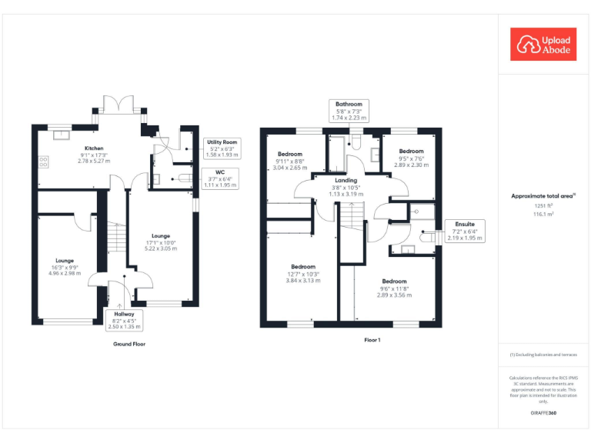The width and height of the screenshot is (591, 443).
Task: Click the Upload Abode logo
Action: click(x=543, y=44)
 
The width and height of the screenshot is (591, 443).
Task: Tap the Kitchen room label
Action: click(x=95, y=155)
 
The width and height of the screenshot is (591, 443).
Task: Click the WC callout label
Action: click(x=219, y=178)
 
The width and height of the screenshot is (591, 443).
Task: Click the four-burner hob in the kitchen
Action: click(x=44, y=162)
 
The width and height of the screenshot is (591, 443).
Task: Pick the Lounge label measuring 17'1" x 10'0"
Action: click(x=162, y=242)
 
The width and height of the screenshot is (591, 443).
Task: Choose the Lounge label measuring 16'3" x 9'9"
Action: click(x=64, y=266)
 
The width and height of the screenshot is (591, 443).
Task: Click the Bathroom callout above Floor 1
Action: click(x=349, y=111)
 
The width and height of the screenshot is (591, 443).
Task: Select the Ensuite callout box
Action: click(x=465, y=231)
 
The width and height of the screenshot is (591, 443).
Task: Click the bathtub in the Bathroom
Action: click(x=338, y=153)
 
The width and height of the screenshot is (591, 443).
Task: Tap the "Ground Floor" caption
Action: click(x=129, y=344)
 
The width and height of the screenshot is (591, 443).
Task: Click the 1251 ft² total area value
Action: click(x=543, y=206)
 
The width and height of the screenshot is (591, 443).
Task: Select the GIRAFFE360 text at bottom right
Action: click(x=543, y=414)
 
